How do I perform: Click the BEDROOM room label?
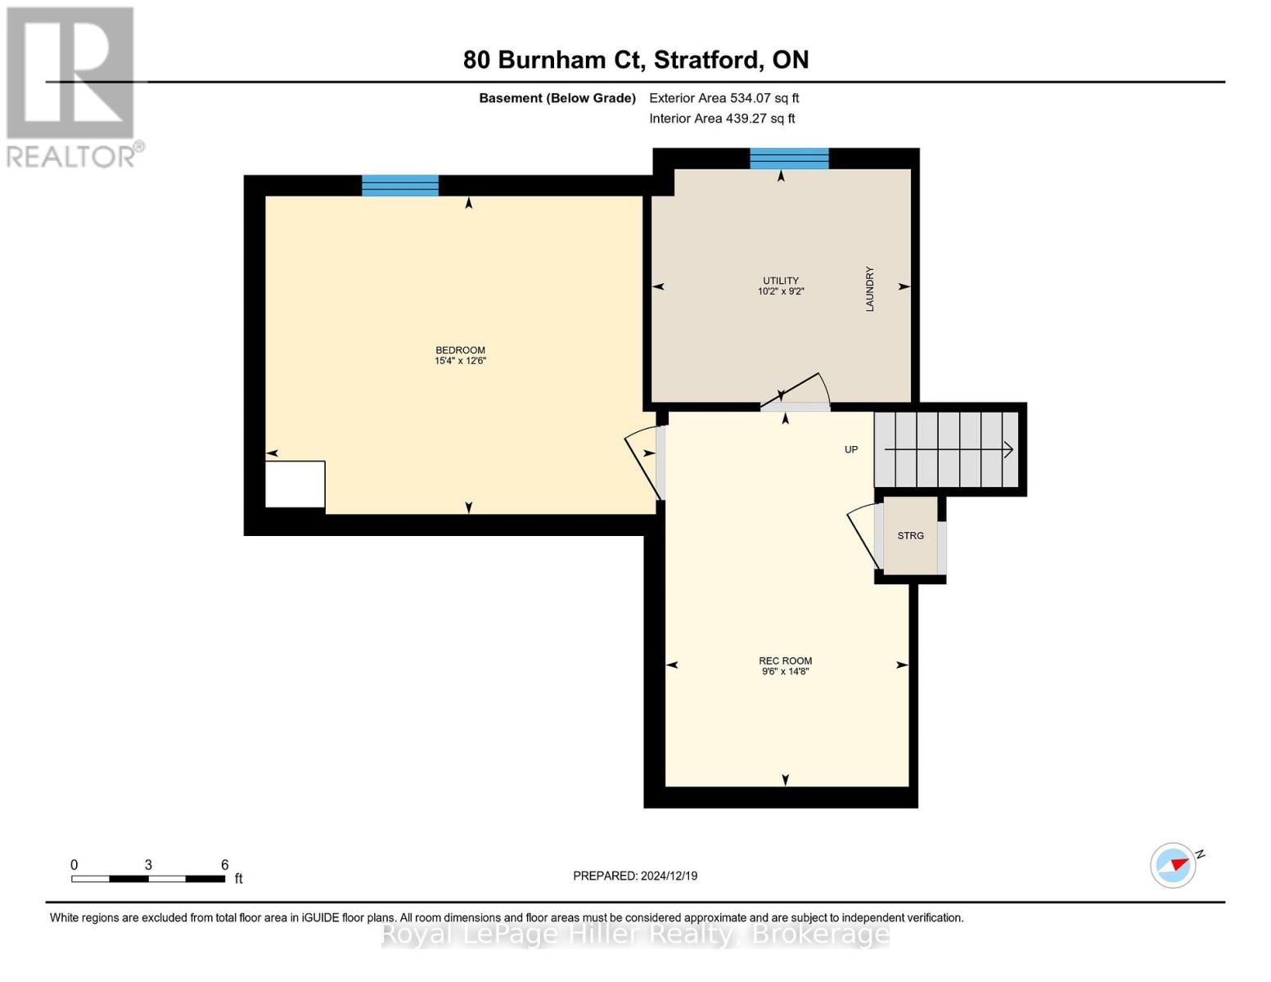point(460,350)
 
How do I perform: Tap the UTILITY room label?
point(781,281)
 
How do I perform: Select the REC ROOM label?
point(785,660)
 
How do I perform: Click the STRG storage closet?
point(910,536)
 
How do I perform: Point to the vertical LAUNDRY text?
point(870,289)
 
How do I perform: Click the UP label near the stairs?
point(851,449)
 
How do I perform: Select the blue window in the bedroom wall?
point(400,186)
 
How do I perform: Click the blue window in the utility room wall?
point(789,159)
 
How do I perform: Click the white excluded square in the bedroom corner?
point(295,484)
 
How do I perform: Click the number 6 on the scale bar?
point(224,865)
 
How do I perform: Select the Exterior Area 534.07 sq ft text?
point(723,98)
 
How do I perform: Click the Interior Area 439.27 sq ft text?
point(722,119)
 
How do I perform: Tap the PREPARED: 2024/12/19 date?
point(635,876)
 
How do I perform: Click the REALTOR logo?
point(72,86)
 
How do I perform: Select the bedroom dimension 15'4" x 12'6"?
point(460,361)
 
